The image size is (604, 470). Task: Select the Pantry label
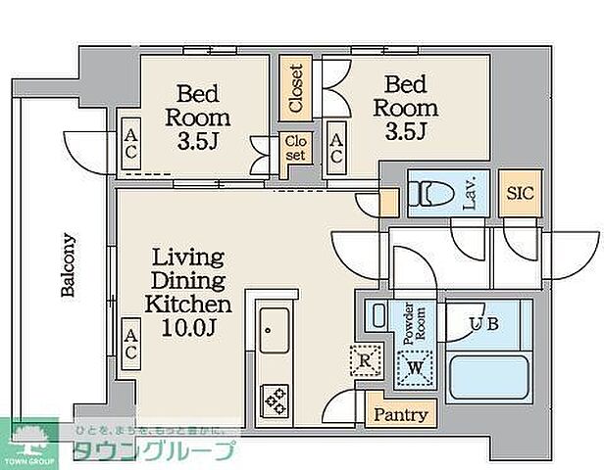point(401,414)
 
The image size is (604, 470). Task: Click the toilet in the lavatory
point(432,195)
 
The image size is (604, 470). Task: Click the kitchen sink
point(274,328)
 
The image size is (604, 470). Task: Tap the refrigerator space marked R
point(364,360)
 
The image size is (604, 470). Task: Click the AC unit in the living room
point(129,343)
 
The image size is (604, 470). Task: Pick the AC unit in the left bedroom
point(129,144)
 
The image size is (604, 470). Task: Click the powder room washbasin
point(379,316)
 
